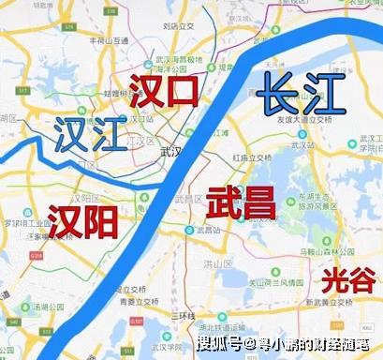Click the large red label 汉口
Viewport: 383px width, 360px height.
(x=165, y=91)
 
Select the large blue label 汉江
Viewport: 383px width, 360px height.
(x=90, y=135)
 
